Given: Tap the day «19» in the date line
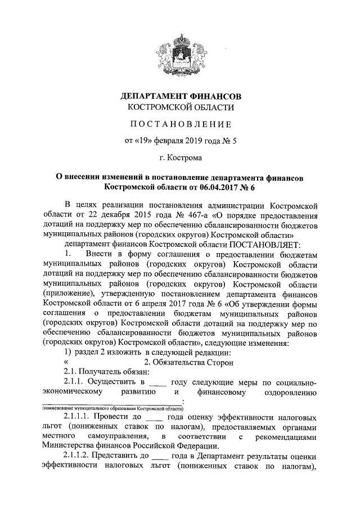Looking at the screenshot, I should tap(145, 141).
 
